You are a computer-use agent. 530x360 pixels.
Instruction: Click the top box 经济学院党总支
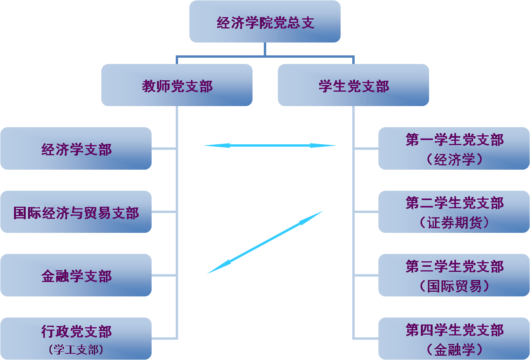[265, 22]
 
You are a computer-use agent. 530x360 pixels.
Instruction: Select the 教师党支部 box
[177, 85]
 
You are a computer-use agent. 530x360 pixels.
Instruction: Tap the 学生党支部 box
[353, 85]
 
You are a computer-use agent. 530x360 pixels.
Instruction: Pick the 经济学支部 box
[76, 149]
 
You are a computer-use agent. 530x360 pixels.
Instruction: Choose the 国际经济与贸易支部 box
[76, 212]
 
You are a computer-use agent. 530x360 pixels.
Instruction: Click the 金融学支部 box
[76, 275]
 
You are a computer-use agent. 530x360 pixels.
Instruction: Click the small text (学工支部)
[76, 349]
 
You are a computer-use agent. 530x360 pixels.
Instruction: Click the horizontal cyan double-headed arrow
[270, 145]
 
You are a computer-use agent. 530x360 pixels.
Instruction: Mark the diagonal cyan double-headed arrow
[265, 242]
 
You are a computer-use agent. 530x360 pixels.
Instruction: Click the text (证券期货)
[454, 223]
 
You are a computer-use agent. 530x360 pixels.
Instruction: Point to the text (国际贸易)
[454, 286]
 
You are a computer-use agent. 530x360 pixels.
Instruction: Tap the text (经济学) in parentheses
[454, 160]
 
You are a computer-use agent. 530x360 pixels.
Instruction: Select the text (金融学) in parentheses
[454, 349]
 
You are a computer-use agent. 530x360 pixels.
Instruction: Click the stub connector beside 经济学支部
[164, 149]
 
